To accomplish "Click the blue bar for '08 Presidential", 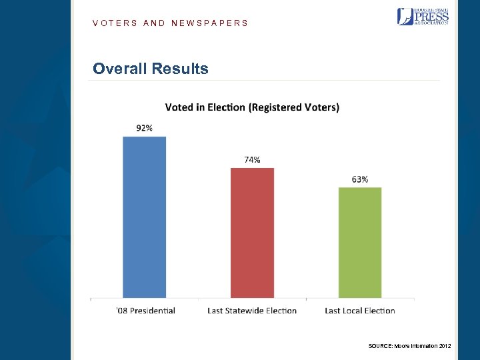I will pyautogui.click(x=144, y=217).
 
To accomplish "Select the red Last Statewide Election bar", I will pyautogui.click(x=252, y=233).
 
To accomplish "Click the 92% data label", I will pyautogui.click(x=144, y=128).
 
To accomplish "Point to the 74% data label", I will pyautogui.click(x=252, y=159).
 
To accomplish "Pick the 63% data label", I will pyautogui.click(x=360, y=179).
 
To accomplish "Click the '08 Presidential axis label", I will pyautogui.click(x=145, y=311).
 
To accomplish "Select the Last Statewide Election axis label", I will pyautogui.click(x=252, y=311).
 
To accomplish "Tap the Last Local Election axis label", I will pyautogui.click(x=360, y=311).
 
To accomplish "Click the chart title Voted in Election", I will pyautogui.click(x=252, y=107).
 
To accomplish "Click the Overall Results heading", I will pyautogui.click(x=151, y=69).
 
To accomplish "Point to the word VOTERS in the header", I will pyautogui.click(x=115, y=23).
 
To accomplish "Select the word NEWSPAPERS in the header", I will pyautogui.click(x=209, y=23).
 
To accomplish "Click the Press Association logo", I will pyautogui.click(x=423, y=16).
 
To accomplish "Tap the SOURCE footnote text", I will pyautogui.click(x=409, y=345).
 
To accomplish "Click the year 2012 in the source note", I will pyautogui.click(x=445, y=345).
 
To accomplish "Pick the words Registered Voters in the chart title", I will pyautogui.click(x=294, y=107).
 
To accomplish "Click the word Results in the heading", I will pyautogui.click(x=180, y=69).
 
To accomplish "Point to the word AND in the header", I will pyautogui.click(x=154, y=23).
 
